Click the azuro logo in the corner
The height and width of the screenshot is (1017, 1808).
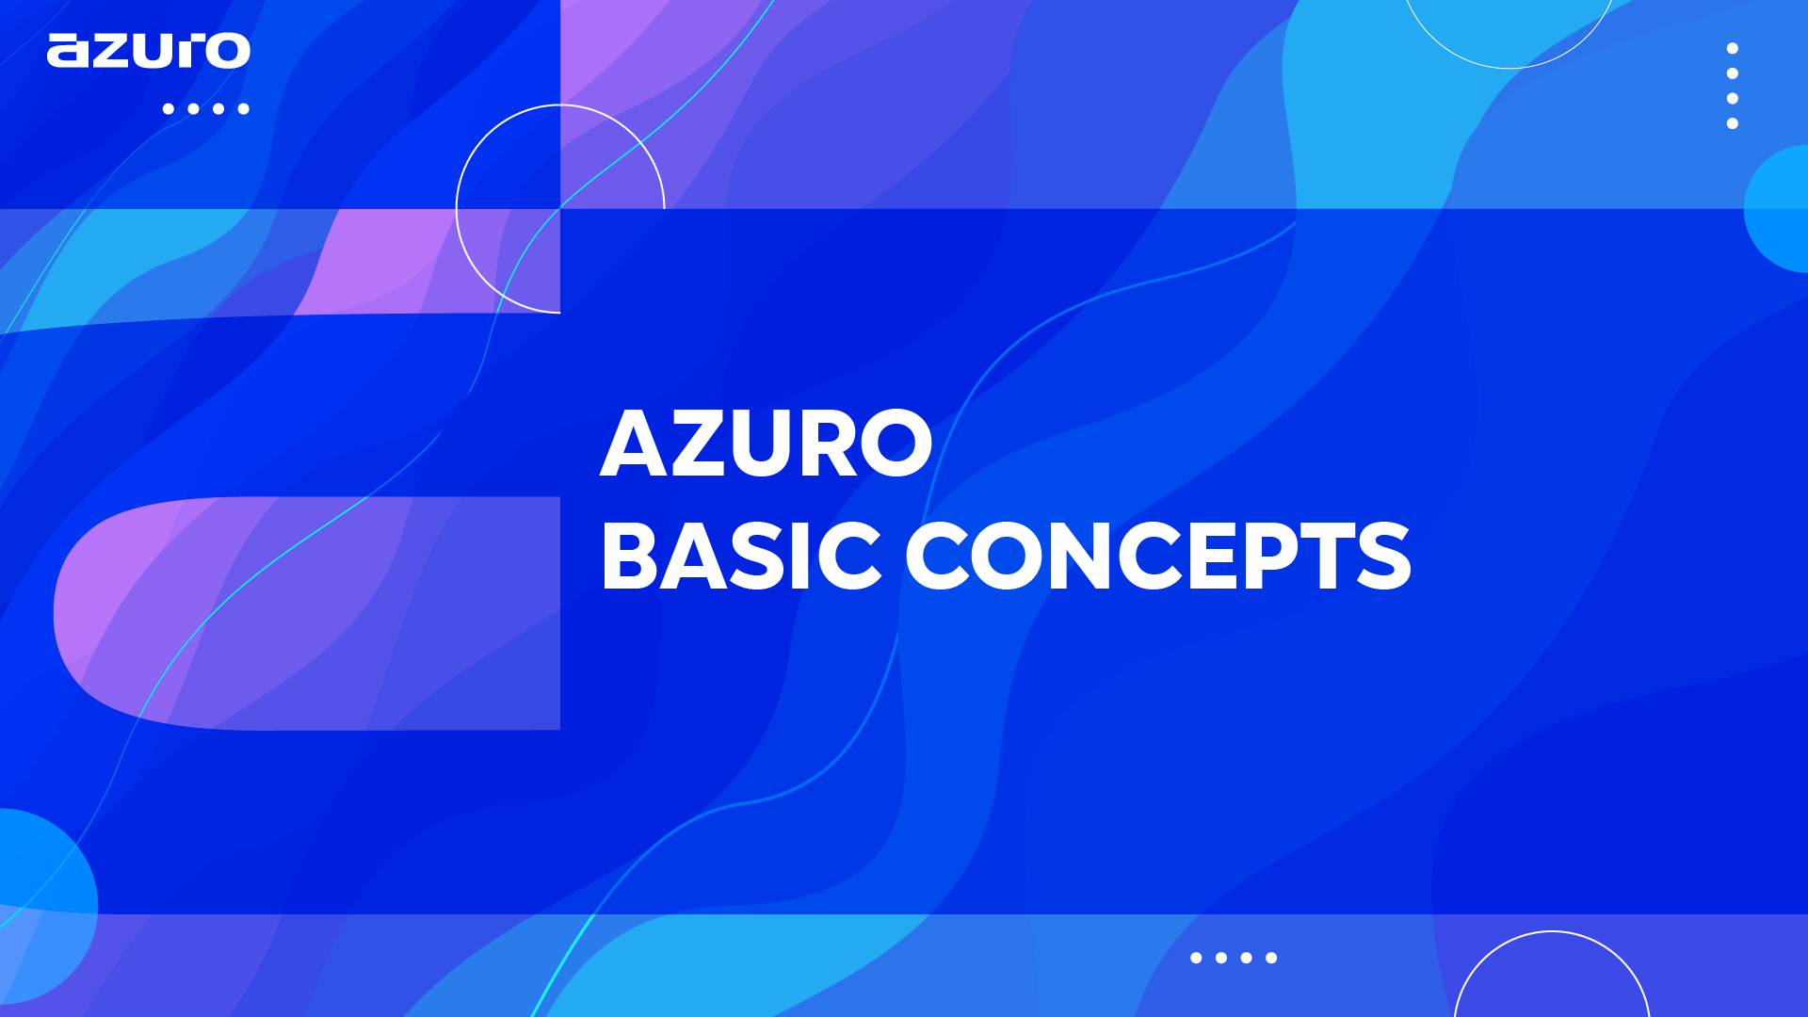pyautogui.click(x=149, y=51)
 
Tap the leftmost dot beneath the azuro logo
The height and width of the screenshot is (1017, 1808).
pyautogui.click(x=169, y=108)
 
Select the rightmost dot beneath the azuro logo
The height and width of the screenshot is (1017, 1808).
pyautogui.click(x=243, y=108)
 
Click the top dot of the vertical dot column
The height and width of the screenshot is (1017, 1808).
pyautogui.click(x=1732, y=48)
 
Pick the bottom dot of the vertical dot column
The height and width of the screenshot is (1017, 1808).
pyautogui.click(x=1732, y=123)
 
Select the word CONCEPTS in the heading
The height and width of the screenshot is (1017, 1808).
pyautogui.click(x=1158, y=557)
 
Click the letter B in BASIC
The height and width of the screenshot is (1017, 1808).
pyautogui.click(x=628, y=557)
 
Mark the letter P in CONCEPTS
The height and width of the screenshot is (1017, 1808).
pyautogui.click(x=1270, y=557)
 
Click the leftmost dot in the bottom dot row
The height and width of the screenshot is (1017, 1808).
pyautogui.click(x=1196, y=958)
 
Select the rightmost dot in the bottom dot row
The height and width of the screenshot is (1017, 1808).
pyautogui.click(x=1271, y=958)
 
